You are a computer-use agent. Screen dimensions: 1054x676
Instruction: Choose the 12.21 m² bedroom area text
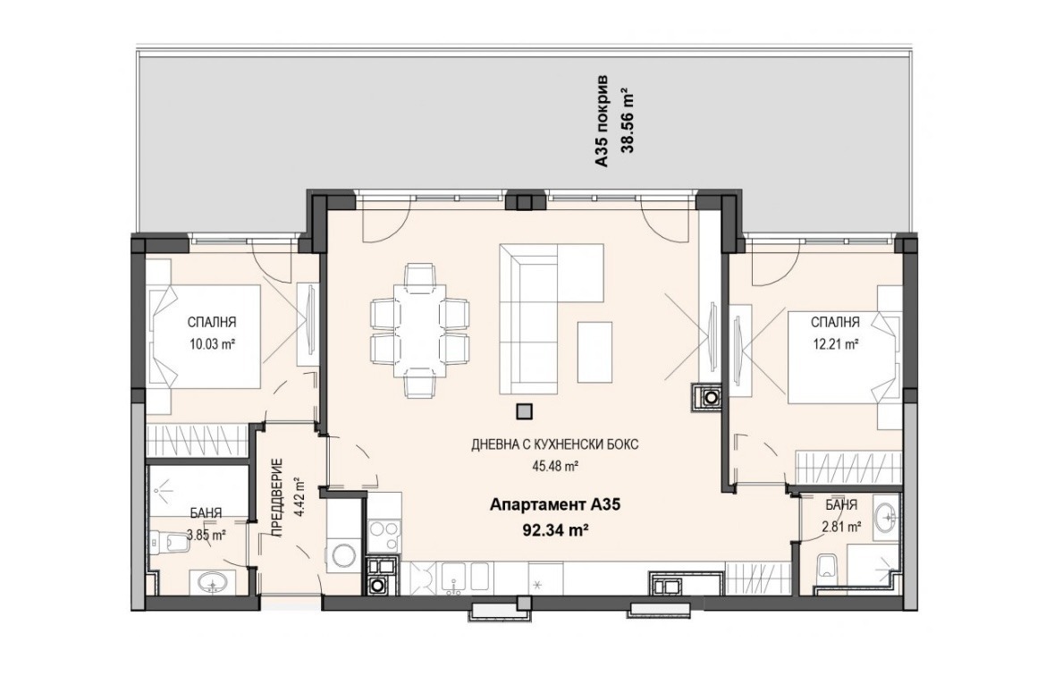point(835,344)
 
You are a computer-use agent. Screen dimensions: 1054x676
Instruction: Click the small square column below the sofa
point(524,410)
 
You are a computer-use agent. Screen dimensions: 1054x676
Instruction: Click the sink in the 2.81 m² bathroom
point(888,517)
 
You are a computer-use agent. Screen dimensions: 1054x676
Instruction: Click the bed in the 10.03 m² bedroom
point(205,336)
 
